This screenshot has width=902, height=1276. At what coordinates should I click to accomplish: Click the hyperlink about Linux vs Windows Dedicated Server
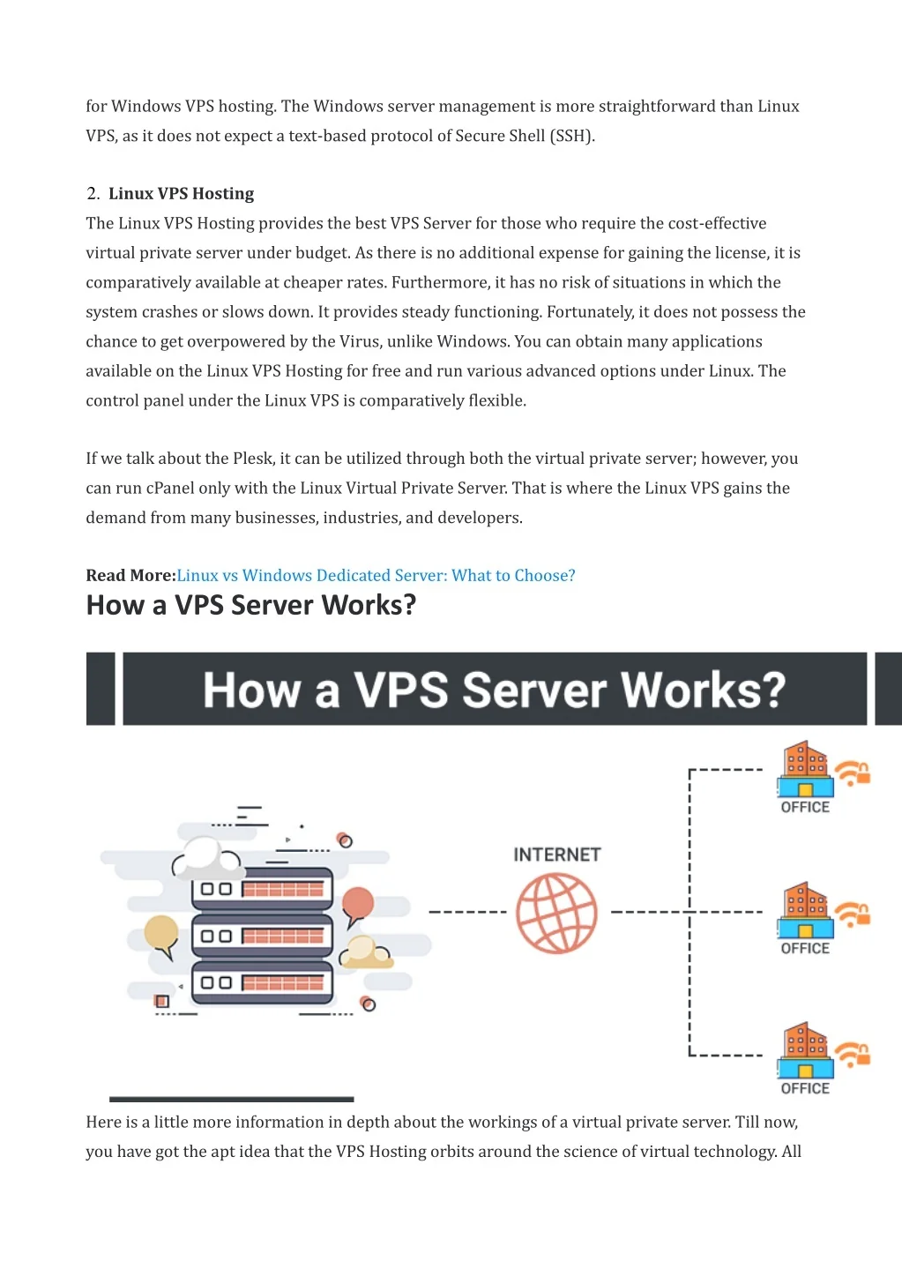click(376, 576)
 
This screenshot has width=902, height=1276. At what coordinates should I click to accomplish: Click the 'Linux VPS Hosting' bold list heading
click(181, 194)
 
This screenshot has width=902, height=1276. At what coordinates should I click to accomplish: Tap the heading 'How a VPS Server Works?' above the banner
click(250, 605)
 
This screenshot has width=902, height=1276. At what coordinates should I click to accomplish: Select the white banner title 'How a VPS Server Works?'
click(494, 690)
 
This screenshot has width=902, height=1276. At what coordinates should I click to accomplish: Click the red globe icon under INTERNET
click(556, 914)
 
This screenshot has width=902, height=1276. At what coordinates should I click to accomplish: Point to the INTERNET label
click(556, 854)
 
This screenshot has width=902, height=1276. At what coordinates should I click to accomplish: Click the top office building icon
click(805, 769)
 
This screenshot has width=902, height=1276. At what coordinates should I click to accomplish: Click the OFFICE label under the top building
click(805, 807)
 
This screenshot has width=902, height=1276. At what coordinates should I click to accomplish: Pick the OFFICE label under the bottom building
click(805, 1088)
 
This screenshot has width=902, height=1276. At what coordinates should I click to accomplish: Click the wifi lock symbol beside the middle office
click(853, 914)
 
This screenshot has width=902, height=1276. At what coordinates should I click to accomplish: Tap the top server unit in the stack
click(262, 889)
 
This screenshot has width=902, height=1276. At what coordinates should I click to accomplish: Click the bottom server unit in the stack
click(262, 982)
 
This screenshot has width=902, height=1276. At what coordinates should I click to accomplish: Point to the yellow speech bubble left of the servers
click(161, 934)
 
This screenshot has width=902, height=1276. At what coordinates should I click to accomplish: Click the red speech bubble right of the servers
click(358, 905)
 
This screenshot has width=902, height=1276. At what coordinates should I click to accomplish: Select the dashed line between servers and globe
click(467, 912)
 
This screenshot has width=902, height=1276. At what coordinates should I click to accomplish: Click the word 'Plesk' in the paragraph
click(253, 459)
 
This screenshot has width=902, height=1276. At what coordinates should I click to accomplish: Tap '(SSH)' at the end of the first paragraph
click(572, 136)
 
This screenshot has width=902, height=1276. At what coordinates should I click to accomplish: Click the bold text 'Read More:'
click(130, 576)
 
